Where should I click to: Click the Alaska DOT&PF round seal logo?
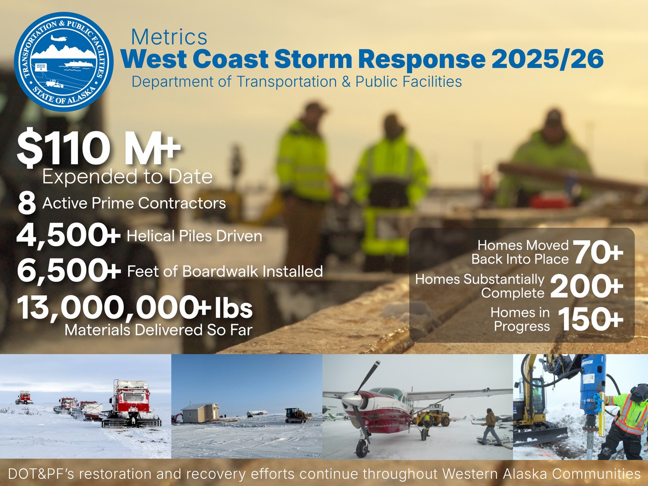pos(63,62)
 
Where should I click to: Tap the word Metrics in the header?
pos(169,37)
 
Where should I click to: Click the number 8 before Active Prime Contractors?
pos(27,203)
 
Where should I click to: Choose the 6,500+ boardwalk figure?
pos(68,271)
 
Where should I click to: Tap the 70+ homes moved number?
pos(598,252)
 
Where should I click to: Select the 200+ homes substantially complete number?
pos(586,286)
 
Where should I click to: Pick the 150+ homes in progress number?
pos(590,319)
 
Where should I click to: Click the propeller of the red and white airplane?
pos(357,399)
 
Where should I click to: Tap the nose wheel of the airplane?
pos(362,448)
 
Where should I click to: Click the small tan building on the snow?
pos(199,413)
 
